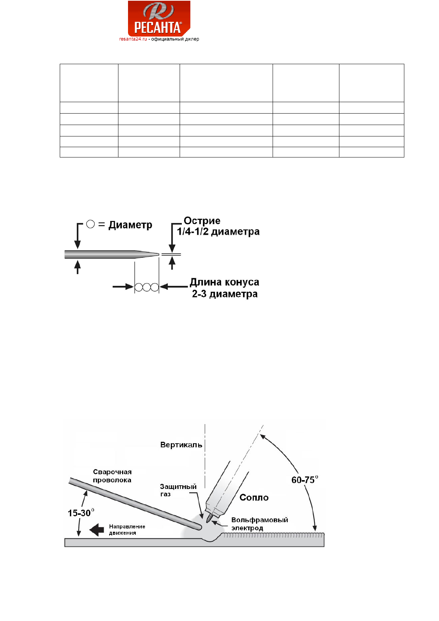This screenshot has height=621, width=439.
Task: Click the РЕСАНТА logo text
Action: (x=158, y=28)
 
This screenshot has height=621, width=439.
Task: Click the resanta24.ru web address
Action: (x=133, y=39)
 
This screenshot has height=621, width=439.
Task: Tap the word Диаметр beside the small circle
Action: (x=130, y=225)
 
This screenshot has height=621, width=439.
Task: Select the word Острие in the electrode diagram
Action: (x=202, y=221)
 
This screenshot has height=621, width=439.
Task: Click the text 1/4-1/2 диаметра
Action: (x=218, y=232)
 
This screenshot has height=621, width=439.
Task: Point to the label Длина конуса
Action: (x=224, y=282)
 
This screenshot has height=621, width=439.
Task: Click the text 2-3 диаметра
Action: (x=225, y=294)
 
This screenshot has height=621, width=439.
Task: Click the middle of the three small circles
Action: (x=147, y=287)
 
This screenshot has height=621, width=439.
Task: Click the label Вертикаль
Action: (x=181, y=445)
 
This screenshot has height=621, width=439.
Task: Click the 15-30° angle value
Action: (x=81, y=513)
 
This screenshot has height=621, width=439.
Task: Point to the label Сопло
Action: (x=254, y=497)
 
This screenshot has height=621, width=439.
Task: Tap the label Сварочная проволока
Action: (x=112, y=476)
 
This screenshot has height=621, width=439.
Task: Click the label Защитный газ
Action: (x=178, y=490)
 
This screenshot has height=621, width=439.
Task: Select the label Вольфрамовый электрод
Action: (x=259, y=524)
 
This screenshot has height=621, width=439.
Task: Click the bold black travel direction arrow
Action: (x=97, y=530)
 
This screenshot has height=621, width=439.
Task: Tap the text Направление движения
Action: (x=127, y=530)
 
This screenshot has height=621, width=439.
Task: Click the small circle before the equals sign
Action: (x=90, y=224)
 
